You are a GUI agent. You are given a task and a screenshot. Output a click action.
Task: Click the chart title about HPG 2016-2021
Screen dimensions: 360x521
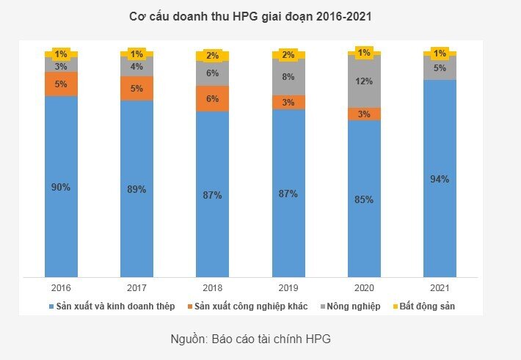point(250,17)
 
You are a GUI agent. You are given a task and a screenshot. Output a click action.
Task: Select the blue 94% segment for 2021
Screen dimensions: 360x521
point(440,178)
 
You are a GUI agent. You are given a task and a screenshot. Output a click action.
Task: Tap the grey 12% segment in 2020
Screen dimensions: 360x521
point(364,81)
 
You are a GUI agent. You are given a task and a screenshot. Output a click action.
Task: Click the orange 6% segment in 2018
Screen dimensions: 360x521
point(213,98)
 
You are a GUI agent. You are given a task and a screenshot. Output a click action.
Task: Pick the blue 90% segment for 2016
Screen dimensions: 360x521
point(61,186)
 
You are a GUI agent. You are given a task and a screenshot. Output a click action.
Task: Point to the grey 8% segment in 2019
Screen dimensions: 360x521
point(288,77)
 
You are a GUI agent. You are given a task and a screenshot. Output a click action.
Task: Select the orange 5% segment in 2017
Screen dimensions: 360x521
point(136,88)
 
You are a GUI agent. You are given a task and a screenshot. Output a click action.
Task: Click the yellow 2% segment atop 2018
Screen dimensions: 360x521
point(213,56)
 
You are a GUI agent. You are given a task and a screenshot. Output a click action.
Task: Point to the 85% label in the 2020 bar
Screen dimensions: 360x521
point(364,199)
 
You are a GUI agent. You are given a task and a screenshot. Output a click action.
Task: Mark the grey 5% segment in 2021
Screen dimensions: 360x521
point(440,68)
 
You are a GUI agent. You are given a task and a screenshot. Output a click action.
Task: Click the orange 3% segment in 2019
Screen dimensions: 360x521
point(288,102)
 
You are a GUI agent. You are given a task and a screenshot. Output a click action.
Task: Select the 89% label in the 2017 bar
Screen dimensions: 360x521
point(136,189)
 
